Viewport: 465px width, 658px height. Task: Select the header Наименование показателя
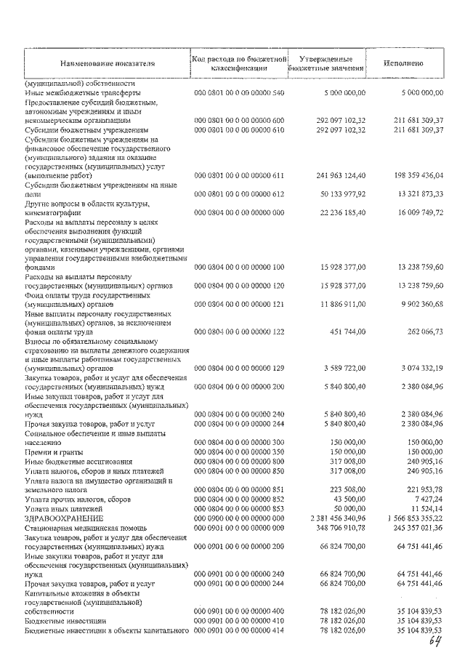click(108, 63)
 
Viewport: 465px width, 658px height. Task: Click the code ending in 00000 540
click(239, 94)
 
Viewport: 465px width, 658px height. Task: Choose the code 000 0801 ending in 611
click(239, 176)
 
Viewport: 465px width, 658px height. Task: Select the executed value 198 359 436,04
click(411, 176)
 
